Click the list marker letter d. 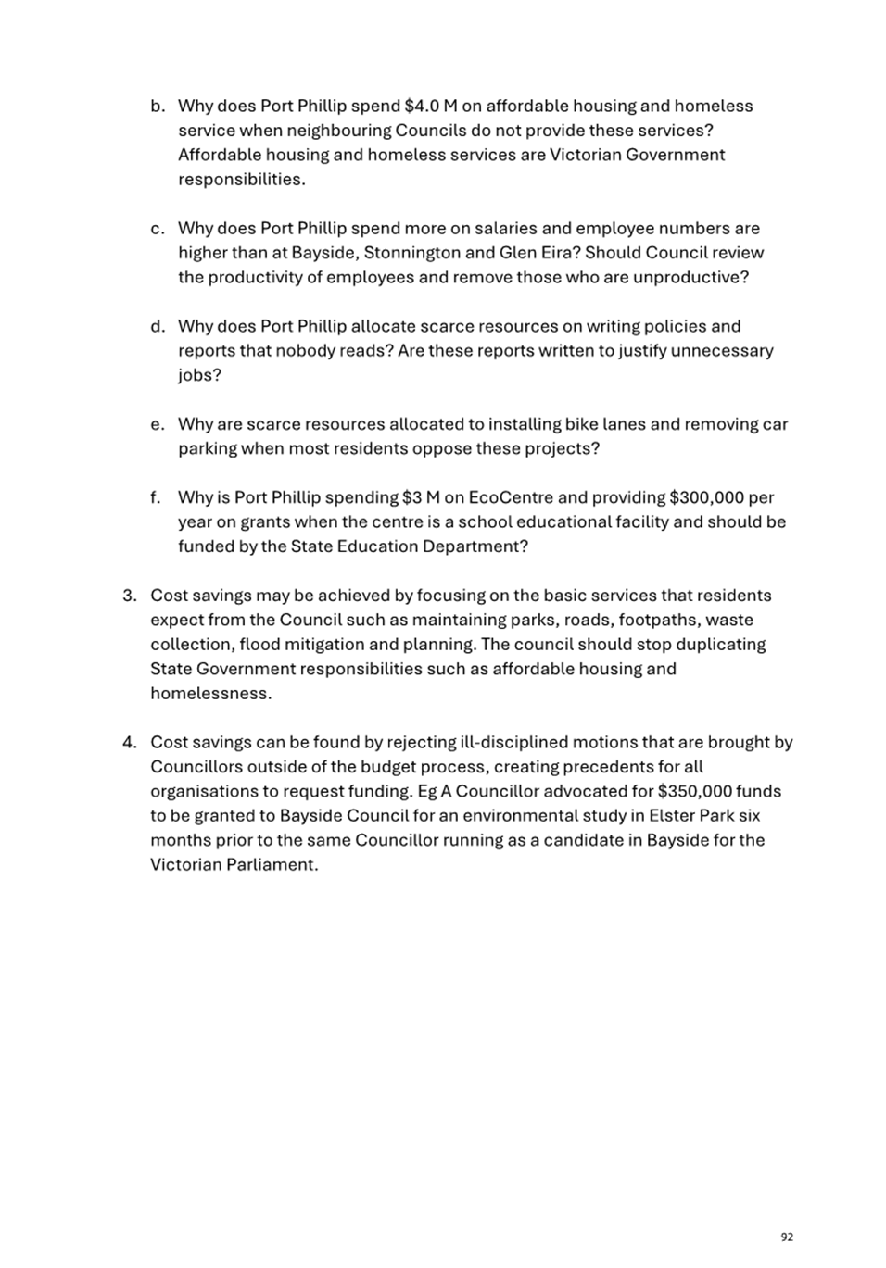(158, 326)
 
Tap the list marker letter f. (156, 497)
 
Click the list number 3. (130, 596)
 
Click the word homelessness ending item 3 (210, 694)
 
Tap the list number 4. (130, 743)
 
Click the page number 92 (787, 1237)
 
